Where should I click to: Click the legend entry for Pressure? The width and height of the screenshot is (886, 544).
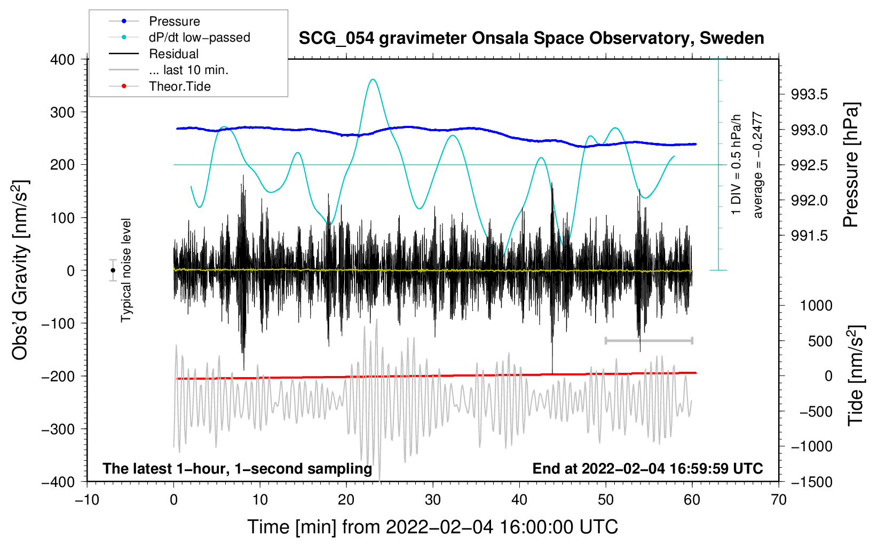point(174,21)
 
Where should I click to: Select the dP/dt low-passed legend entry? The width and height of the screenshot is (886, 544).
point(199,37)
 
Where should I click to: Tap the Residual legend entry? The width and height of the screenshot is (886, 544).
point(173,54)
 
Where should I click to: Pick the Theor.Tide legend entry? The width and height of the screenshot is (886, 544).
point(179,86)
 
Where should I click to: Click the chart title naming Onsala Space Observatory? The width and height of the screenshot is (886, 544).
point(531,38)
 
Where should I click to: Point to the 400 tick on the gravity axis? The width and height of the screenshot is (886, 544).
point(63,60)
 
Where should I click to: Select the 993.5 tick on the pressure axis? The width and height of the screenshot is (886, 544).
point(809,95)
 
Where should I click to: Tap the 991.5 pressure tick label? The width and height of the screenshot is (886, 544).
point(809,236)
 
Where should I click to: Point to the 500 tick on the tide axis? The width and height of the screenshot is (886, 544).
point(820,341)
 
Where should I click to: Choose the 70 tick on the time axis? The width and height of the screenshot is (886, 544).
point(779,500)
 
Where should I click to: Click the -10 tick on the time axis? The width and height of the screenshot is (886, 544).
point(87,500)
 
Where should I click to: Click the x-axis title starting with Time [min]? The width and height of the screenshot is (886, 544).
point(432,527)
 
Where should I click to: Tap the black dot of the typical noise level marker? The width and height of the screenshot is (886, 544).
point(113,270)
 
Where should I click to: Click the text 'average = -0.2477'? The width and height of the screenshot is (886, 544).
point(758,165)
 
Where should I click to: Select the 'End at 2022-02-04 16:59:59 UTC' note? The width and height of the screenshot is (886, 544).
point(647,469)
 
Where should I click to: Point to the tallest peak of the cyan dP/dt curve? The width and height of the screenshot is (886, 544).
point(373,79)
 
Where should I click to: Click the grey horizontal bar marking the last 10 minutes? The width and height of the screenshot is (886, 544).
point(648,340)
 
